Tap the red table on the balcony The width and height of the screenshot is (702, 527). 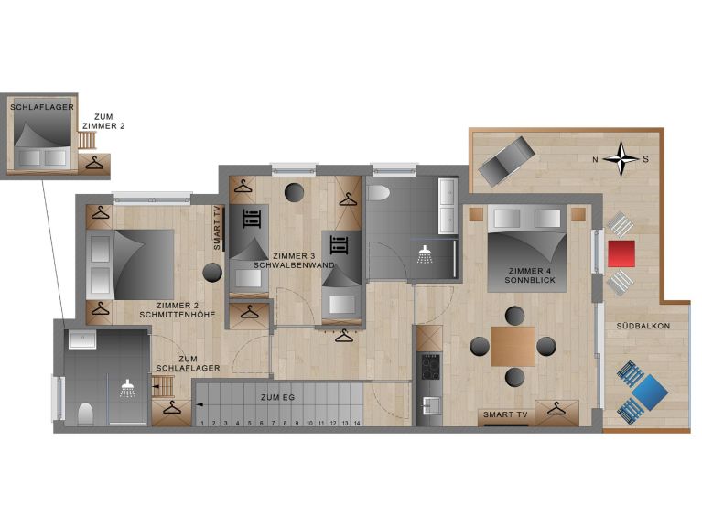(x=620, y=253)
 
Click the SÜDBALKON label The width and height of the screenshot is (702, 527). (x=643, y=326)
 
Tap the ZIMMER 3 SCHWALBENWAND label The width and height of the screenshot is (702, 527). (x=294, y=260)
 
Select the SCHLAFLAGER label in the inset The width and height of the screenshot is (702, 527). (x=42, y=107)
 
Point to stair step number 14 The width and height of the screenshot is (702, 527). (x=357, y=423)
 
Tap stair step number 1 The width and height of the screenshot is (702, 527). (x=201, y=423)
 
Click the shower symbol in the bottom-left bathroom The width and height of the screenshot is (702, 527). (x=128, y=388)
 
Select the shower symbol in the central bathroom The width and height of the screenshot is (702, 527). (x=425, y=253)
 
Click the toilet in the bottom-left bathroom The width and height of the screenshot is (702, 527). (x=85, y=414)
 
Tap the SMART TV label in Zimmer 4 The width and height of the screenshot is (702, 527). (x=504, y=415)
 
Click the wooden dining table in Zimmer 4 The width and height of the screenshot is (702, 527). (x=513, y=346)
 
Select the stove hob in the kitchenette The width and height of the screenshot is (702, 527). (x=428, y=367)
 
